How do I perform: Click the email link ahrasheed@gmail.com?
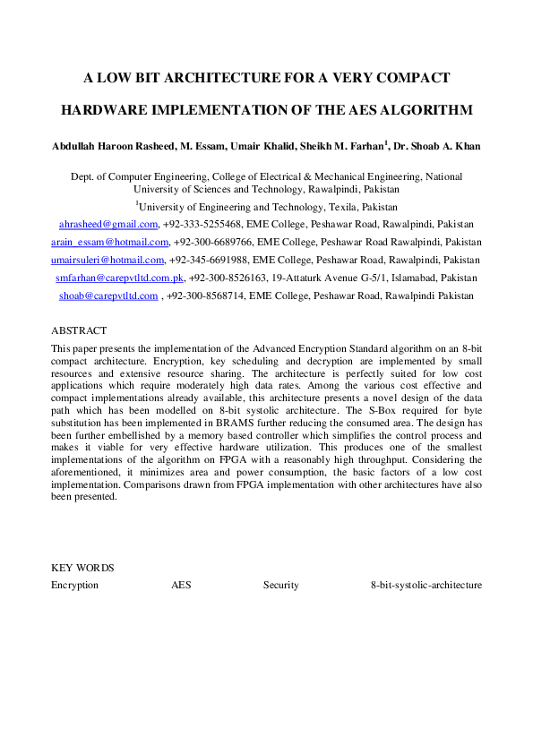[x=108, y=224]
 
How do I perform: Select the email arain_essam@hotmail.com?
[x=110, y=242]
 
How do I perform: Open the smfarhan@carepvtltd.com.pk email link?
[x=120, y=278]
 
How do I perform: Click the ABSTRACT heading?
[x=79, y=330]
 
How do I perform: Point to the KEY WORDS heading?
[x=82, y=568]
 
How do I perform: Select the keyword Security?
[x=280, y=585]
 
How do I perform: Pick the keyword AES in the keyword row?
[x=181, y=585]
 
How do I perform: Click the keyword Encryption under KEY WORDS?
[x=75, y=585]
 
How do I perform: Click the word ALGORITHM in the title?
[x=424, y=110]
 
